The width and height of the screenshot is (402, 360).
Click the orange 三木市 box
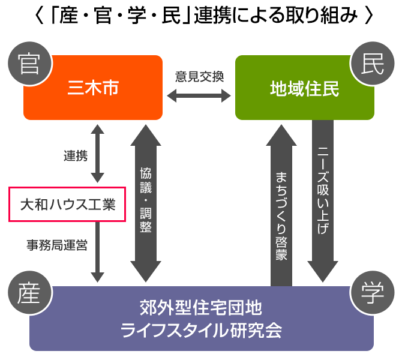(x=93, y=88)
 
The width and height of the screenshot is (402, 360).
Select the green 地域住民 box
(x=304, y=88)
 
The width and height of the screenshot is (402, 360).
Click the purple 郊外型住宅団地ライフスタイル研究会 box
(x=201, y=318)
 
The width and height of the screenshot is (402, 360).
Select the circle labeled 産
(x=25, y=293)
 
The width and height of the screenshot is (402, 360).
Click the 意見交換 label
(x=199, y=76)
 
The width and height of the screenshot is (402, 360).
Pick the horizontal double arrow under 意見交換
(x=199, y=95)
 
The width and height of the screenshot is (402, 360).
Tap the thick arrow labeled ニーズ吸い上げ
(x=323, y=198)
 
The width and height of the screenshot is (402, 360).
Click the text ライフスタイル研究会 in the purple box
(x=201, y=331)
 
